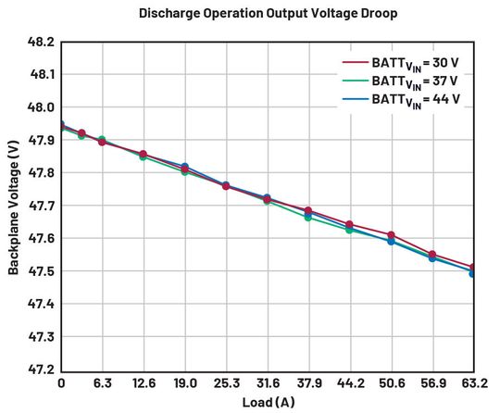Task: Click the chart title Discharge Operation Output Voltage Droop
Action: click(x=256, y=13)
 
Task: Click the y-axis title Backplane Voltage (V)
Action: click(x=14, y=206)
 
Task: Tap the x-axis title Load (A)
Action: click(x=267, y=402)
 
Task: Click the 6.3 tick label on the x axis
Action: click(x=102, y=382)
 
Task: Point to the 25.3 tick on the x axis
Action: click(x=226, y=382)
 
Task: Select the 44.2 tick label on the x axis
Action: click(x=349, y=382)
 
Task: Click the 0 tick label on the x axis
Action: click(x=61, y=382)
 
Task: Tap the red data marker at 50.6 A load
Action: click(x=391, y=235)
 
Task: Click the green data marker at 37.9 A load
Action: click(x=308, y=218)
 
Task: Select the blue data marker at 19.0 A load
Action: click(x=185, y=167)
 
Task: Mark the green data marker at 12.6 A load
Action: click(x=144, y=156)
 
